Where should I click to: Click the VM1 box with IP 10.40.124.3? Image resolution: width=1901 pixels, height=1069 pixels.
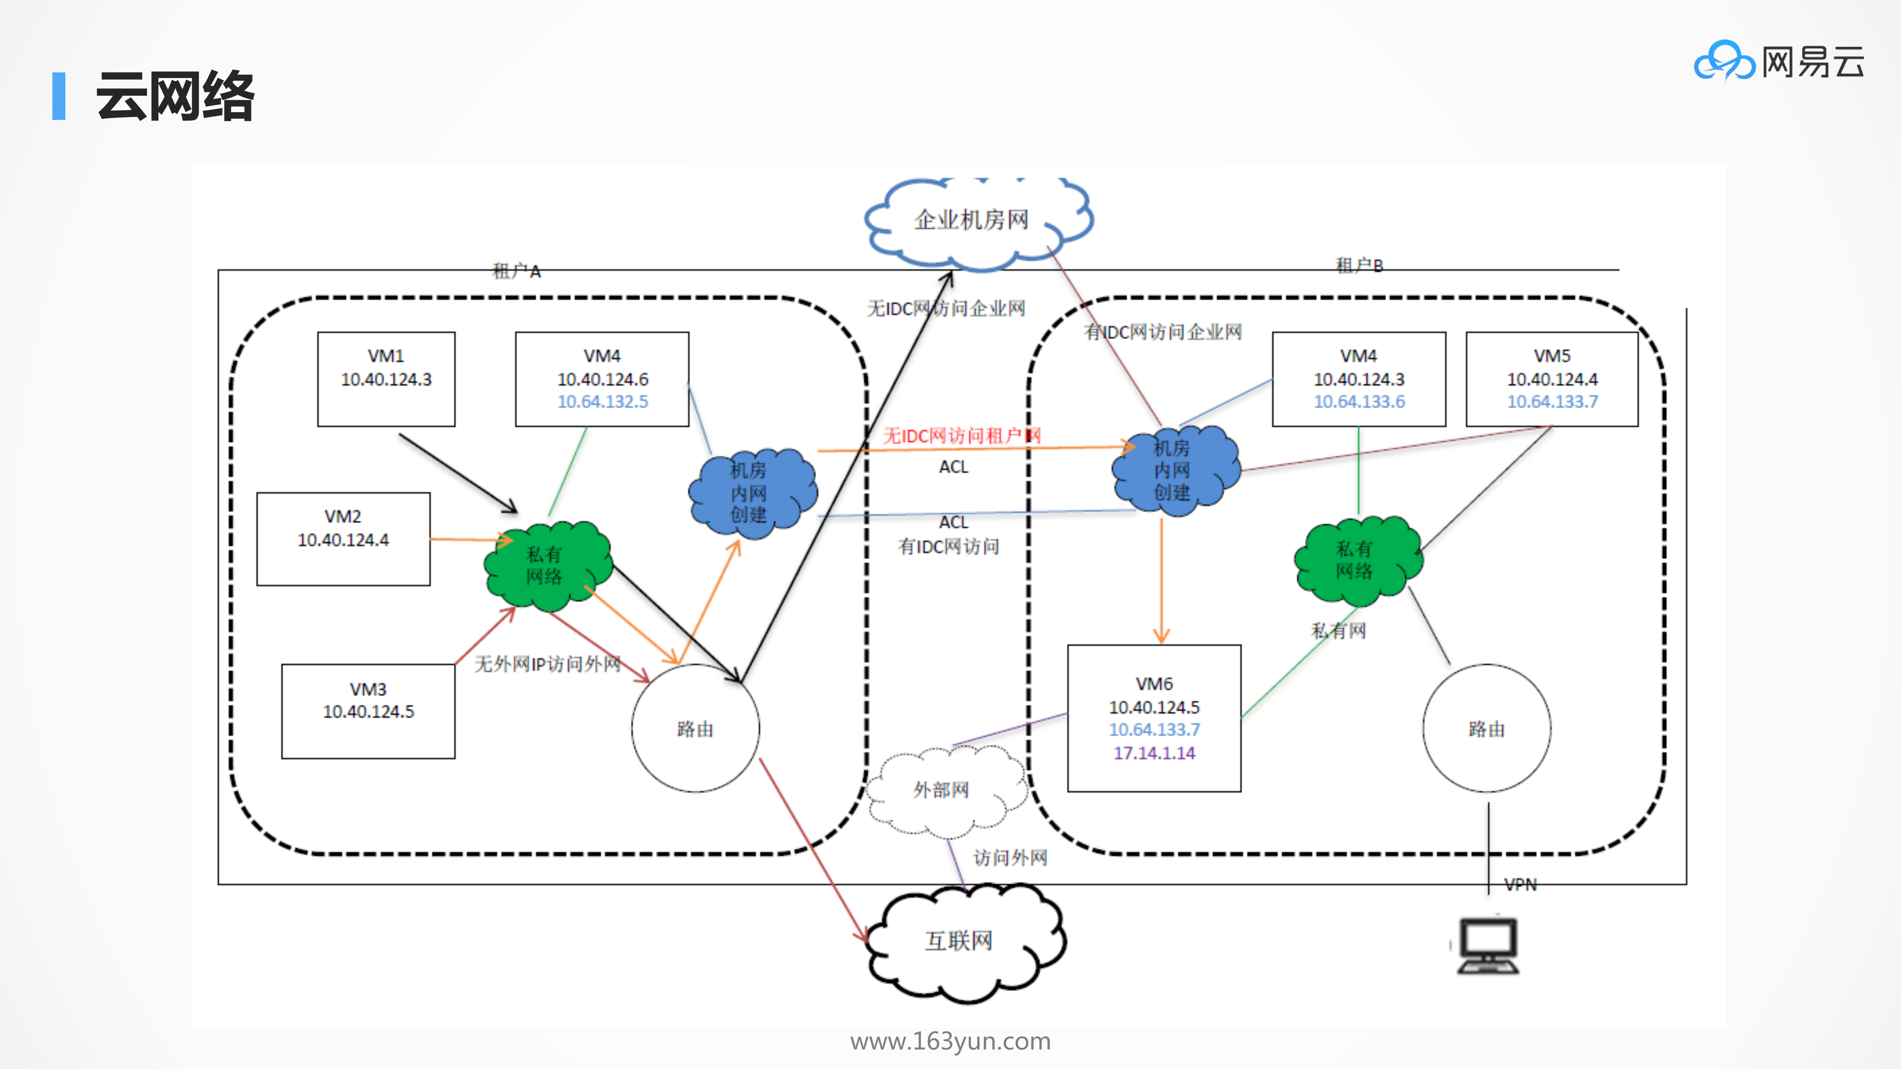(x=386, y=378)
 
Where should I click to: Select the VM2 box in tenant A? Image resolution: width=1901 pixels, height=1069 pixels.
(x=343, y=538)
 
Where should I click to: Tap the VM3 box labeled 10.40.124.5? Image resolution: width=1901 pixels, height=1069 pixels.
(x=368, y=710)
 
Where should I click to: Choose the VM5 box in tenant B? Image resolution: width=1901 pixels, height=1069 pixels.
(x=1552, y=378)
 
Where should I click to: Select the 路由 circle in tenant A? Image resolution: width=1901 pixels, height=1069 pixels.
(x=695, y=729)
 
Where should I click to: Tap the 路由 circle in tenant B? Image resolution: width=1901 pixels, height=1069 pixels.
(x=1486, y=729)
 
